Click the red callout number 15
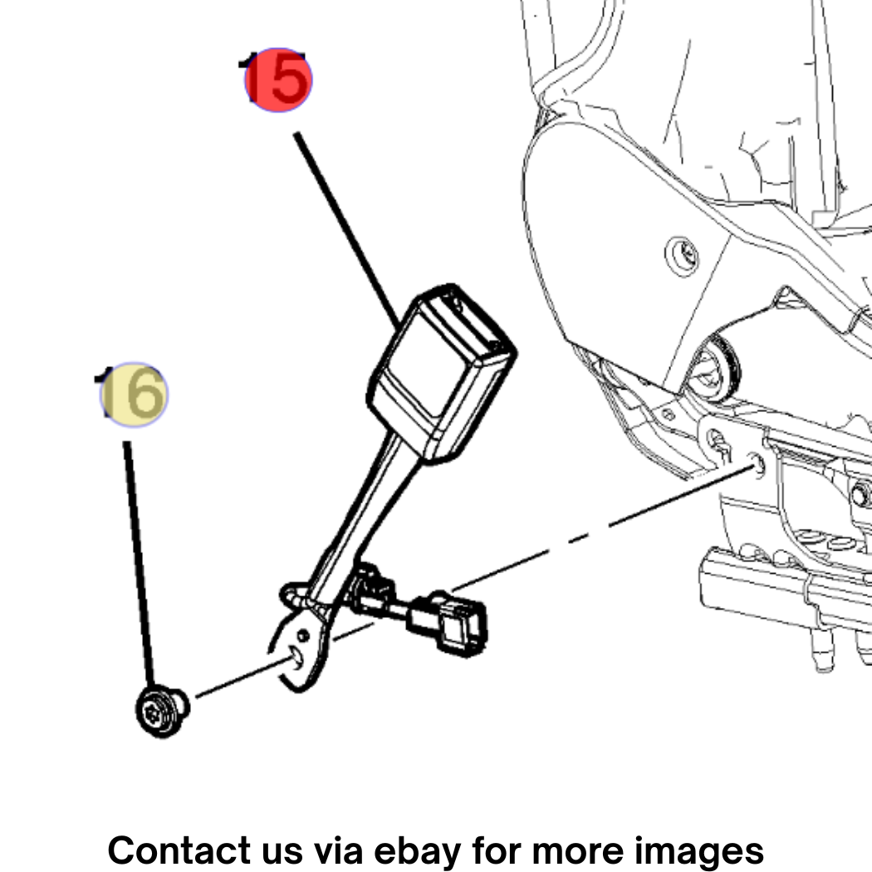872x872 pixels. coord(278,80)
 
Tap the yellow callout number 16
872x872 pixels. coord(132,394)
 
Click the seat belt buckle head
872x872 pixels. coord(442,373)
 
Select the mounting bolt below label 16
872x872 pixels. coord(162,712)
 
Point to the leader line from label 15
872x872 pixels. coord(346,231)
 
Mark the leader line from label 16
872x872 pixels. coord(139,563)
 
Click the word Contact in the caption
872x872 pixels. coord(179,850)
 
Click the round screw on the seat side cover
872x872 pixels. coord(683,255)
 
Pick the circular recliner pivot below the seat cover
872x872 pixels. coord(713,370)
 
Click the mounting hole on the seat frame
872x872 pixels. coord(757,463)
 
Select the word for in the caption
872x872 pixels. coord(496,850)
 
